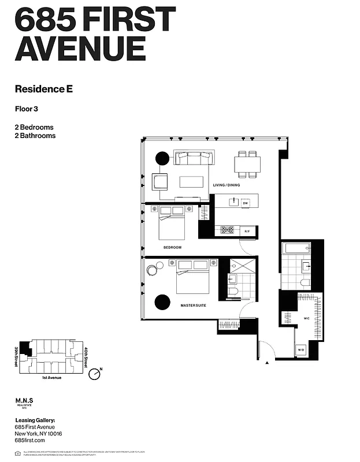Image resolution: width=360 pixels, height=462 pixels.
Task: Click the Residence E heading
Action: [51, 89]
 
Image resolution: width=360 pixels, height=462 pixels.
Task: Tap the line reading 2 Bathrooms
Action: [35, 136]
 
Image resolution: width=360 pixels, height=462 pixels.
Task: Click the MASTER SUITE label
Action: [193, 304]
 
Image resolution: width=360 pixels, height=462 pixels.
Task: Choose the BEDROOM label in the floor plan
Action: [172, 247]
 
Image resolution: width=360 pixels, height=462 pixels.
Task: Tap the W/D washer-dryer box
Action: [301, 350]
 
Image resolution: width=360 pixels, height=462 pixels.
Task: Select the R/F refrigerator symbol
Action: [247, 231]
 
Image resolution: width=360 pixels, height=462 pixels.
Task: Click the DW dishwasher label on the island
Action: [245, 203]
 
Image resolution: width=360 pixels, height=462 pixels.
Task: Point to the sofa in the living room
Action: [194, 158]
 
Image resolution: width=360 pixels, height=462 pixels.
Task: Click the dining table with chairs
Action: [248, 165]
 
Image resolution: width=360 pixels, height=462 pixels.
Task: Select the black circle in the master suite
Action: [162, 302]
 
